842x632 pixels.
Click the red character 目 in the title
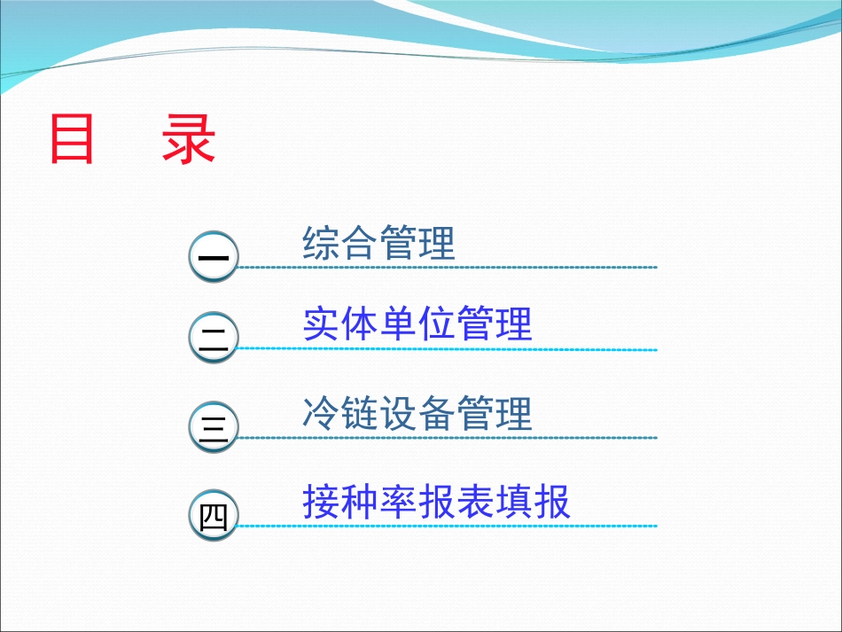click(x=72, y=140)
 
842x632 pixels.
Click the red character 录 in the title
click(x=189, y=140)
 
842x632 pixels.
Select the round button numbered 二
click(x=214, y=341)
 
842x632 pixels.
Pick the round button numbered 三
click(x=214, y=429)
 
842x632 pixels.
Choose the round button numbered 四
click(x=214, y=517)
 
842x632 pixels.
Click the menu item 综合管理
click(x=378, y=243)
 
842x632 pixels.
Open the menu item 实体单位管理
click(x=417, y=324)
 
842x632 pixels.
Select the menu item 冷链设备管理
click(x=417, y=414)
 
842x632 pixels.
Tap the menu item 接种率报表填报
click(x=436, y=503)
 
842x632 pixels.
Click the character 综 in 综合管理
click(x=321, y=243)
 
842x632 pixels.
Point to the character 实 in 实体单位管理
click(x=321, y=324)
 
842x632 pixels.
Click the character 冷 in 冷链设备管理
click(x=321, y=414)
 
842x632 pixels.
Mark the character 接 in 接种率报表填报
click(x=321, y=503)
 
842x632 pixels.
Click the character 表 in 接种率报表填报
click(x=475, y=503)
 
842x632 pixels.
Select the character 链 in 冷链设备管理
click(x=359, y=414)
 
